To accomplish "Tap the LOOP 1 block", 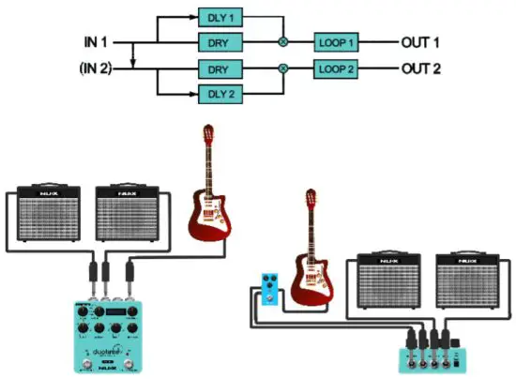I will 336,43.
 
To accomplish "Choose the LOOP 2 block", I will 336,68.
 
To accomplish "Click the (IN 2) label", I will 97,68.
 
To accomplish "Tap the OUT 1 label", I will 421,43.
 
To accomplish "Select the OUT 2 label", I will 421,68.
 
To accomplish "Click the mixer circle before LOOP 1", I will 282,43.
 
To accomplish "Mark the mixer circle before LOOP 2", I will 282,68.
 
